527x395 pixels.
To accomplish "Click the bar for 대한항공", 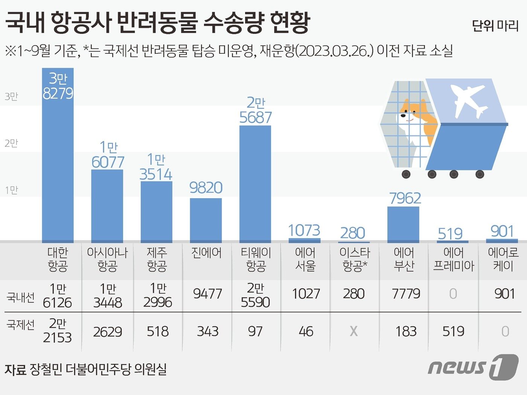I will tap(58, 158).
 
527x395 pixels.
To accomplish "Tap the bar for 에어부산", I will tap(403, 224).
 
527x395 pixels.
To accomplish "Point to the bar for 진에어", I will tap(206, 220).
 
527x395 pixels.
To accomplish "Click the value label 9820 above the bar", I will tap(206, 188).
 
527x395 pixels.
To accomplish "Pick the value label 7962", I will tap(405, 198).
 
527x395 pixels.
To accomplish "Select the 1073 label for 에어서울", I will tap(304, 230).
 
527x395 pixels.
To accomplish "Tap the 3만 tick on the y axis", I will tap(11, 97).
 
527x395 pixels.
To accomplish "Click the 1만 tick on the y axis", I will tap(11, 190).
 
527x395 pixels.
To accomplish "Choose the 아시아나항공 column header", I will tap(107, 259).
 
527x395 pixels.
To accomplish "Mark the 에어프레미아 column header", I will tap(454, 259).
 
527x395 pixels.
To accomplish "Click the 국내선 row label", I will tap(21, 297).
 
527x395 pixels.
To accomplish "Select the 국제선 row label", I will tap(21, 325).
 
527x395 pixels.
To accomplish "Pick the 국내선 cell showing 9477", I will tap(207, 294).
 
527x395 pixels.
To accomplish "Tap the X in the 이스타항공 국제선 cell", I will tap(354, 331).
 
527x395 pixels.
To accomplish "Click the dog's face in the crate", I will tap(410, 113).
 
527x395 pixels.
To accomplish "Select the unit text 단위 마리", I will tap(495, 26).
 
